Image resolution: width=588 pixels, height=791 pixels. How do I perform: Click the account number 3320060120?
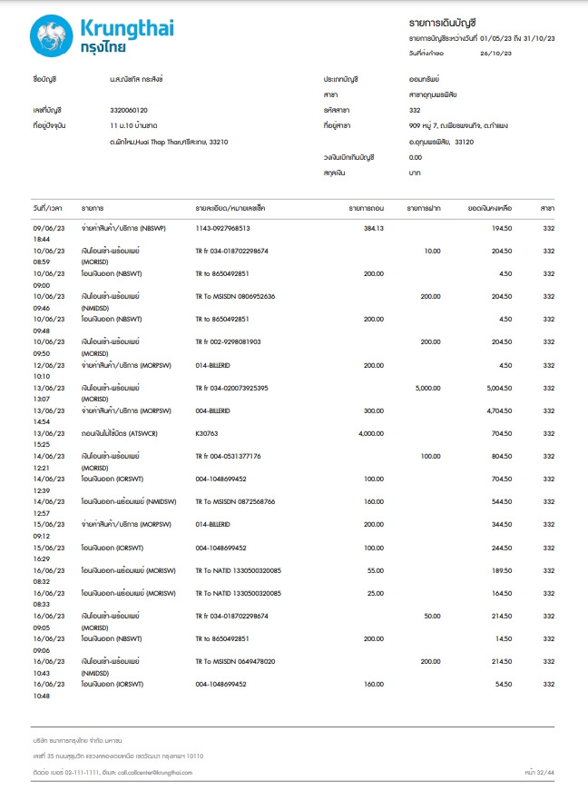pos(128,110)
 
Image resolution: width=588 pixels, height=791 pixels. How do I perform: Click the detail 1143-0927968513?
pos(222,228)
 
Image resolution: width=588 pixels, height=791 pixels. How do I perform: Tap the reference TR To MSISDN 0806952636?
pos(235,296)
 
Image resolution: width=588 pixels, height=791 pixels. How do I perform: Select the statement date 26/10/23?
pos(495,54)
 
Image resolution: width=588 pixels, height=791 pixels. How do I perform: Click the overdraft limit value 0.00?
pos(416,157)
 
